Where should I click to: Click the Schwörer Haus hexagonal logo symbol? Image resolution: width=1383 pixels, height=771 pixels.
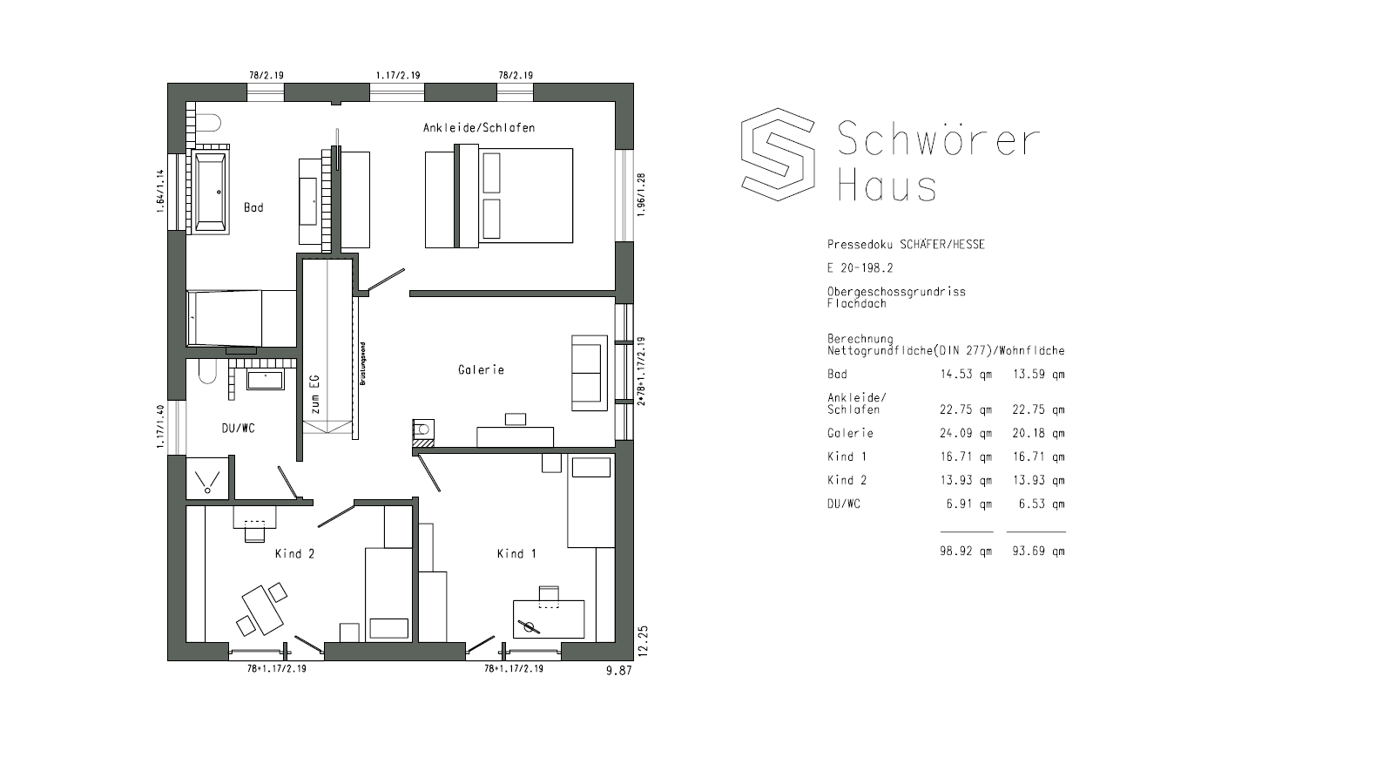pos(778,154)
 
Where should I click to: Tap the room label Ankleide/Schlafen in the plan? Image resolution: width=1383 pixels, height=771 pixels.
pos(478,128)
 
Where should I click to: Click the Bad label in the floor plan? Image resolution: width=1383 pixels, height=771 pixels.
pos(253,207)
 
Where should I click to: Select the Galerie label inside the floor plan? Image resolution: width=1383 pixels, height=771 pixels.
pos(481,370)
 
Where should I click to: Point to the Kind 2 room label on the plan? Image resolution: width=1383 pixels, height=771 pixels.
pos(294,553)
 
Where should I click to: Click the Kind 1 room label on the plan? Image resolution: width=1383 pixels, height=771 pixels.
pos(516,553)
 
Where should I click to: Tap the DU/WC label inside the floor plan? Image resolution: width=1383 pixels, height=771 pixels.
pos(238,428)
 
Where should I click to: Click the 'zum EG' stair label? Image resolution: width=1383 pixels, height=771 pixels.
pos(315,394)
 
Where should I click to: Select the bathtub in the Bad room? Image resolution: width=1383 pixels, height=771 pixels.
pos(211,192)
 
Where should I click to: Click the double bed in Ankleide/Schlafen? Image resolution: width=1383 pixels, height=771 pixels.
pos(499,196)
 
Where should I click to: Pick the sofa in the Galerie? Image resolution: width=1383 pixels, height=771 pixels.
pos(589,373)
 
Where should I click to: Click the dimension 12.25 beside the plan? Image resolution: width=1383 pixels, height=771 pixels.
pos(643,640)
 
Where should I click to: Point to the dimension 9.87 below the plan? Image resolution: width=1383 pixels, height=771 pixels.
pos(618,670)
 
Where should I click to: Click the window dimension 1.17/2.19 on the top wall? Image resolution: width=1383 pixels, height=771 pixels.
pos(398,76)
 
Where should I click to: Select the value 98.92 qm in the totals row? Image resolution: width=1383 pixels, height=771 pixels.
pos(966,551)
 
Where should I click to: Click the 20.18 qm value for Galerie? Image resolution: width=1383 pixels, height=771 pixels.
pos(1038,433)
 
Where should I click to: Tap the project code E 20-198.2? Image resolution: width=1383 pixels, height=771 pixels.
pos(860,268)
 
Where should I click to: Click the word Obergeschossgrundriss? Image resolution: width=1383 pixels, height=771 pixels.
pos(896,292)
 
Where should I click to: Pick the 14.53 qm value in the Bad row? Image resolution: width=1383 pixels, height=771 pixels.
pos(966,375)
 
